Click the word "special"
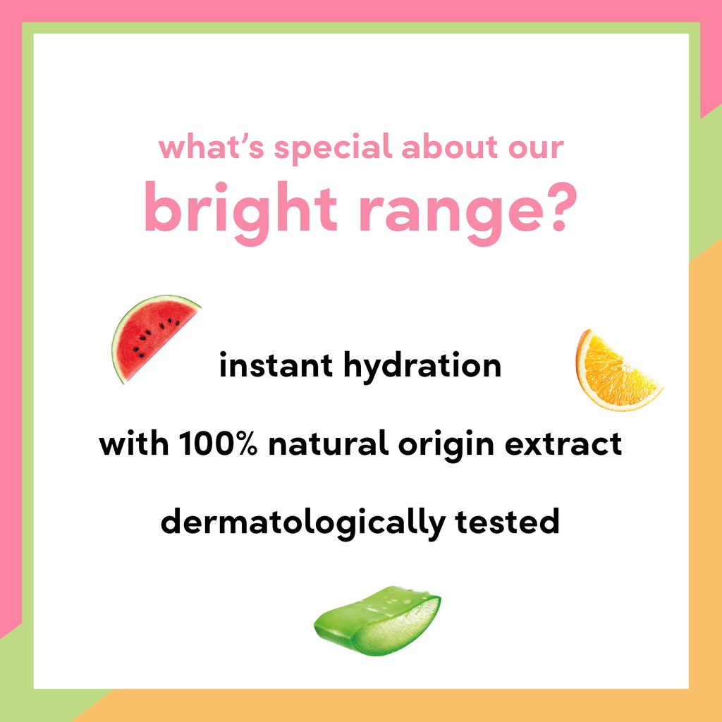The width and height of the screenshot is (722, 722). coord(333,148)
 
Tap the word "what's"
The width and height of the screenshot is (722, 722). coord(212,146)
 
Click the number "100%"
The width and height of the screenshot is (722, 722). coord(217,443)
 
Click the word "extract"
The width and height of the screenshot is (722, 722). coord(563,444)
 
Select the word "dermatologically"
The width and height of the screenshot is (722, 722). coord(303,525)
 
